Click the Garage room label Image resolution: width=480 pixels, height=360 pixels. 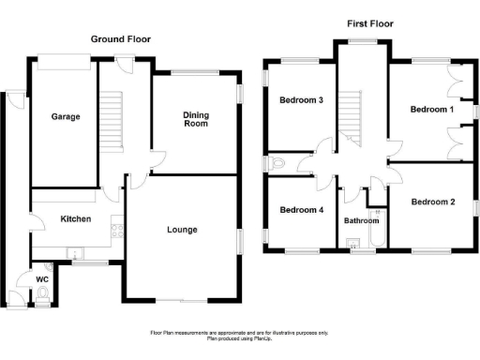pos(65,117)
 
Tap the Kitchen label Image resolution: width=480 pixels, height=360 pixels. pos(76,218)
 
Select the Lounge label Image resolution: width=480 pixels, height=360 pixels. pos(183,230)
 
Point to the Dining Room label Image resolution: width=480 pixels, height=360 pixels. pos(196,118)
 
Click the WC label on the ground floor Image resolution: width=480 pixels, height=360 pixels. pos(42,279)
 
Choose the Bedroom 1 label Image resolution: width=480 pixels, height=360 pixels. pos(432,110)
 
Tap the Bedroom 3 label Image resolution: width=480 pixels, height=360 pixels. pos(302,100)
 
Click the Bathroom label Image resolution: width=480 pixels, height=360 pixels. pos(361,221)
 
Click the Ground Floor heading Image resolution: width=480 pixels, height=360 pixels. pos(120,39)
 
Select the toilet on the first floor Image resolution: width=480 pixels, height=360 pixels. pos(276,164)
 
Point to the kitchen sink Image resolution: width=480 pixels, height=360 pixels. pos(75,251)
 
